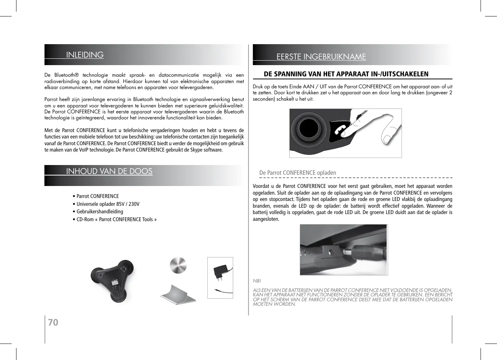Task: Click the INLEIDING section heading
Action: click(x=85, y=55)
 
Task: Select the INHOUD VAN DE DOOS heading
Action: click(x=109, y=171)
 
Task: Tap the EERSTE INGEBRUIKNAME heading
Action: click(x=321, y=57)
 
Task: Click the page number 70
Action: click(x=53, y=322)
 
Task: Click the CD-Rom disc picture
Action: click(x=178, y=266)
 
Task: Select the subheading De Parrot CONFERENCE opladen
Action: click(x=298, y=173)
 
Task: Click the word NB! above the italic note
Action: click(x=257, y=281)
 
